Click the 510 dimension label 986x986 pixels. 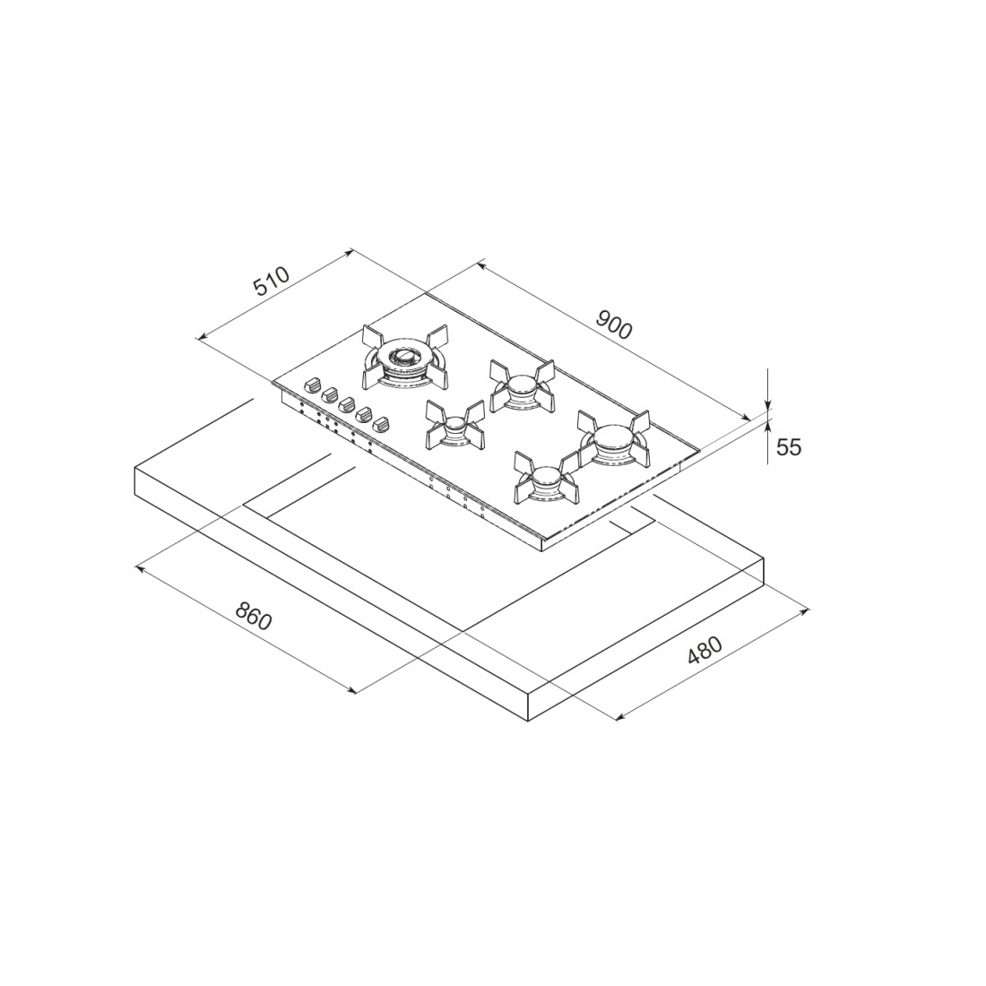[271, 281]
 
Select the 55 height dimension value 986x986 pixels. [788, 446]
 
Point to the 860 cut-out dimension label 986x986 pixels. [254, 616]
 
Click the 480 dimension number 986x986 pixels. [705, 653]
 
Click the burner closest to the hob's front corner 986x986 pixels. [545, 480]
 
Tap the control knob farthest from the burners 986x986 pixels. [312, 385]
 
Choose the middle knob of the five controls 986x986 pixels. [347, 404]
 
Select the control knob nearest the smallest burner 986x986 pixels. [383, 424]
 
